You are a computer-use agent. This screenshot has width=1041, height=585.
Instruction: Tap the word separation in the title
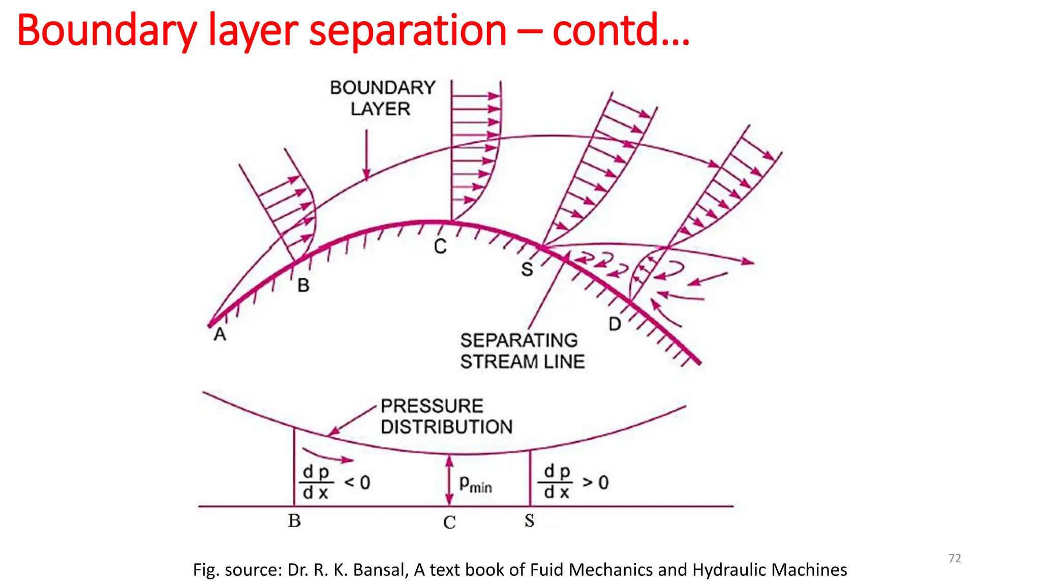point(408,30)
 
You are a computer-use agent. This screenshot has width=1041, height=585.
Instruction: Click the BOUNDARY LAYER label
point(382,98)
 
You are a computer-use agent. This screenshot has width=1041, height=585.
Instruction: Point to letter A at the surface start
point(220,335)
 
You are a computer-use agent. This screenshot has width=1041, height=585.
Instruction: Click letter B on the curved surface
point(303,285)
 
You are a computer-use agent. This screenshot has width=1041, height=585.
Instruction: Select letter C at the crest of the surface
point(440,247)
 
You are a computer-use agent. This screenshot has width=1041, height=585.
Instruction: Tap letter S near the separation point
point(527,269)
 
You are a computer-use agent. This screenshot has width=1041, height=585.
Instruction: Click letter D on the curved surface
point(615,324)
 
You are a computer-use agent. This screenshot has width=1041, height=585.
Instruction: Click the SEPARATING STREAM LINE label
point(522,351)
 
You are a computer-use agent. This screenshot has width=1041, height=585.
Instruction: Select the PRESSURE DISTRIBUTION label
point(446,416)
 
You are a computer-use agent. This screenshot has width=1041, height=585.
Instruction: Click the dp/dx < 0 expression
point(335,482)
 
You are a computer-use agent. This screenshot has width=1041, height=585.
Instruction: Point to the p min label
point(475,484)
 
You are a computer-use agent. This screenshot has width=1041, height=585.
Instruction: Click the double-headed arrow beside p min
point(449,480)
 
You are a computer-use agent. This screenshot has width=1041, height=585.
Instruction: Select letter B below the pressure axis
point(294,521)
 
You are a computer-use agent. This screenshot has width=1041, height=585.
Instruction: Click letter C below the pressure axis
point(449,522)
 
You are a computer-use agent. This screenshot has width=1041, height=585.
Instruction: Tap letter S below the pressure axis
point(529,521)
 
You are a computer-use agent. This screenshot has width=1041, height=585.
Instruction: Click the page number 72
point(955,558)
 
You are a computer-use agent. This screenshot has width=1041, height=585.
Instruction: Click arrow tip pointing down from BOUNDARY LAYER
point(366,178)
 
